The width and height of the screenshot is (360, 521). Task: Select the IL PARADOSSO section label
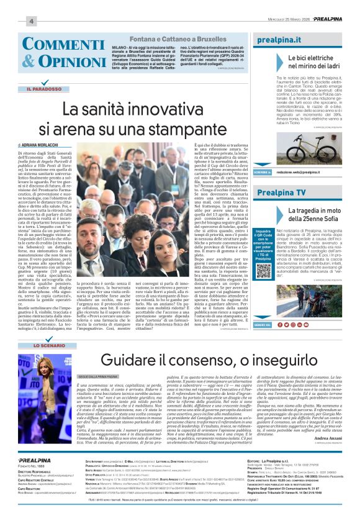[44, 89]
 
